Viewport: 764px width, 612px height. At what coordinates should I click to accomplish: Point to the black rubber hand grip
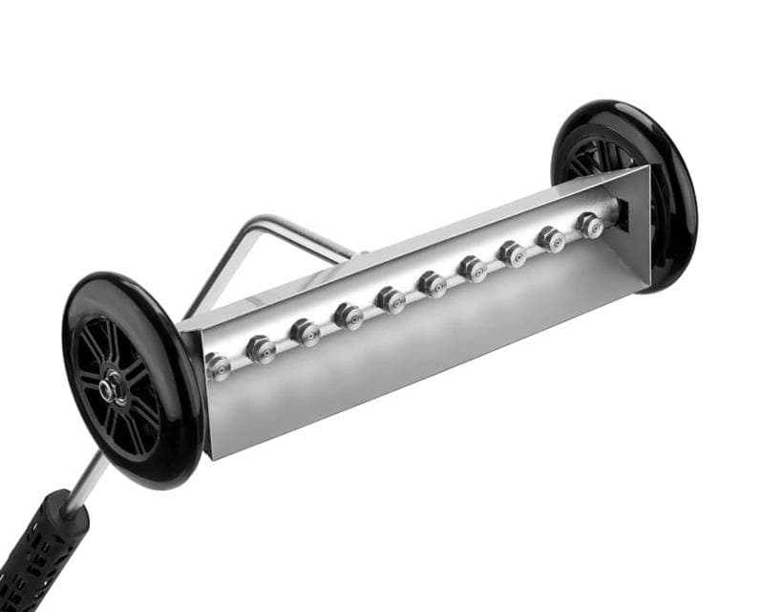click(38, 555)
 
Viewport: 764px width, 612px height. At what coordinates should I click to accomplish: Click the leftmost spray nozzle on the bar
click(219, 366)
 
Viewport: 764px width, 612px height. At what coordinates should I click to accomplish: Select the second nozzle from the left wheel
click(261, 350)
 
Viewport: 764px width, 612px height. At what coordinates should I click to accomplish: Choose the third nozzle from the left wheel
click(305, 333)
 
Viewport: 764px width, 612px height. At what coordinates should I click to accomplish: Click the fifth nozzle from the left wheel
click(391, 299)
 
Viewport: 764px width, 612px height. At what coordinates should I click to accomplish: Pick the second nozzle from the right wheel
click(551, 239)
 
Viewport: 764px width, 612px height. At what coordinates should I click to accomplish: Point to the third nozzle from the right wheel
click(513, 253)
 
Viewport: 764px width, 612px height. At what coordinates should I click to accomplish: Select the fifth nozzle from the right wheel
click(433, 284)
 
